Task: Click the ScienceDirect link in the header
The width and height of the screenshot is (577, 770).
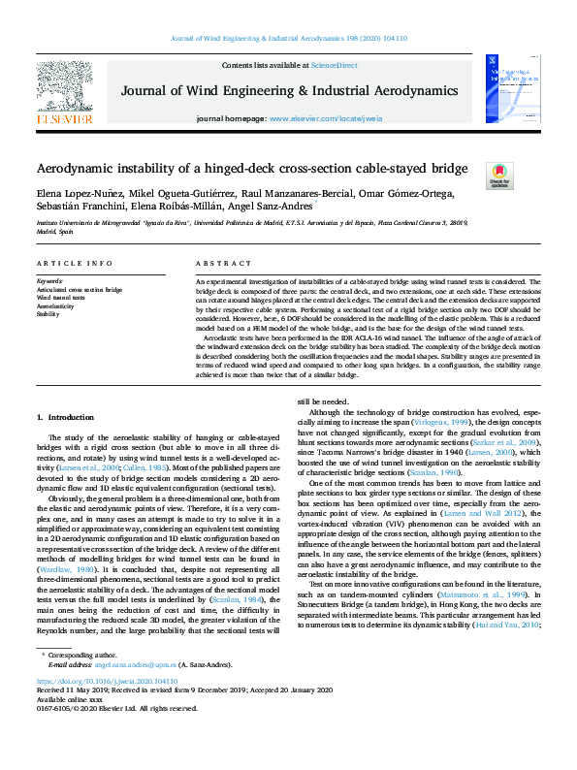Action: pyautogui.click(x=334, y=65)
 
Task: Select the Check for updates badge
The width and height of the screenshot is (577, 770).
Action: pyautogui.click(x=498, y=176)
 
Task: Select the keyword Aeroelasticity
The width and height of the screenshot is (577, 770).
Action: pyautogui.click(x=54, y=305)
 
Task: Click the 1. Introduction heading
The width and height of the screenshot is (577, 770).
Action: pyautogui.click(x=65, y=417)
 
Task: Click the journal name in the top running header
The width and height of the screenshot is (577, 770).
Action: pyautogui.click(x=288, y=39)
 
